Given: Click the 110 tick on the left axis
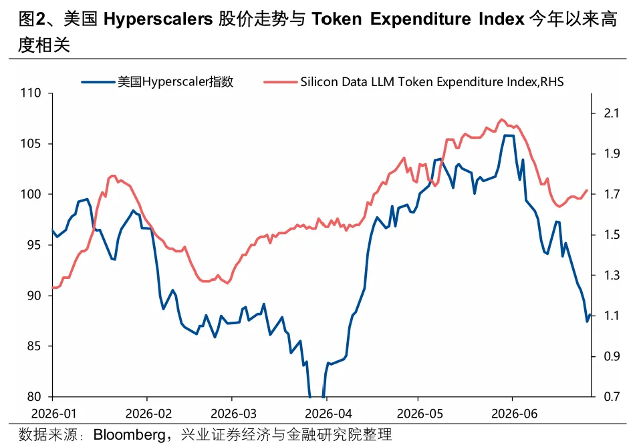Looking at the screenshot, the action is (31, 93).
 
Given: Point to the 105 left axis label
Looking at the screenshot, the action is (31, 143).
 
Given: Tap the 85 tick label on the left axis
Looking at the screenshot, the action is (34, 346).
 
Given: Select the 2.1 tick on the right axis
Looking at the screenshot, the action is (612, 113).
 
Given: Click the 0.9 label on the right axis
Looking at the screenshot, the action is (612, 356).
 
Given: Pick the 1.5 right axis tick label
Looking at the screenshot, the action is (612, 235).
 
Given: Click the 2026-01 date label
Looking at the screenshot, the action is (53, 414).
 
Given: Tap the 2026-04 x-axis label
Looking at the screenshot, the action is (328, 414).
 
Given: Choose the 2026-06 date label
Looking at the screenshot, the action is (514, 414).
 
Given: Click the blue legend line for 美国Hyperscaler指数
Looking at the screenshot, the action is (98, 82).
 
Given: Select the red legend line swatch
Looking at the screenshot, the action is (281, 82).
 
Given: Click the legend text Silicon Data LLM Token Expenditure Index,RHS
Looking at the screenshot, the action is (432, 82).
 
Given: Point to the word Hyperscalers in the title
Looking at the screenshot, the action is (158, 19).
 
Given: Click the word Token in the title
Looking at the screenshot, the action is (337, 19).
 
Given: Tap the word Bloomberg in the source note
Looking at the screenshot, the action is (130, 434).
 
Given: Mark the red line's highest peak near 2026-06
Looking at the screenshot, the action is (501, 119).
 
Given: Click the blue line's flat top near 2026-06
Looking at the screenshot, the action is (509, 135).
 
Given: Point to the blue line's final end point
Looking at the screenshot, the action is (590, 315).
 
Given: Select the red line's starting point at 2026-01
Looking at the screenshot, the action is (53, 288).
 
